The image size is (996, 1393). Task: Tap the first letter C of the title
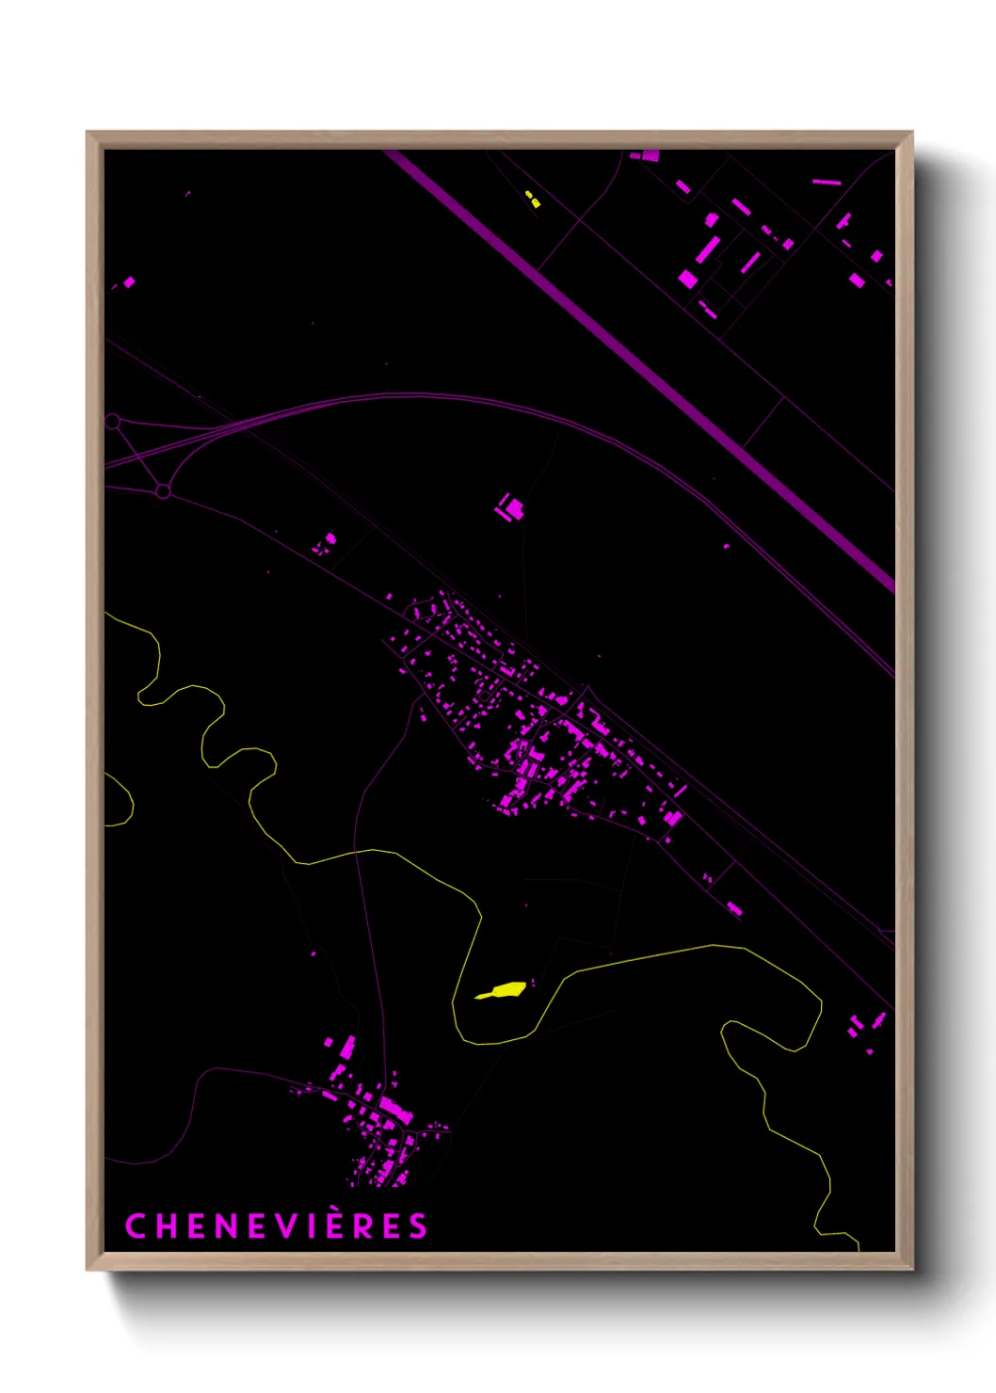[136, 1225]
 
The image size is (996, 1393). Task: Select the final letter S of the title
[418, 1225]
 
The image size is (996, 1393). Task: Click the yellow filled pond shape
[503, 990]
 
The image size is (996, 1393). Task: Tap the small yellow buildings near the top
[532, 199]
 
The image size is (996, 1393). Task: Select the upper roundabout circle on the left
[113, 422]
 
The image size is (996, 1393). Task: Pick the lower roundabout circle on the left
[163, 491]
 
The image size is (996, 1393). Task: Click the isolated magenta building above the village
[511, 508]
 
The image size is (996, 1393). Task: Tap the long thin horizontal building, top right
[826, 181]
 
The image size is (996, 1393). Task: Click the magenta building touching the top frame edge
[650, 155]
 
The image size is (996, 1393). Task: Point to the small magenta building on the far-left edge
[128, 281]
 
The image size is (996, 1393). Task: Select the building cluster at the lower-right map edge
[866, 1024]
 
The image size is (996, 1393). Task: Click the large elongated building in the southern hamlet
[395, 1110]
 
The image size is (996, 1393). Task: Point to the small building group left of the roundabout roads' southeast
[325, 543]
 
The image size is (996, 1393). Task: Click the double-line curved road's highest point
[414, 394]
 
